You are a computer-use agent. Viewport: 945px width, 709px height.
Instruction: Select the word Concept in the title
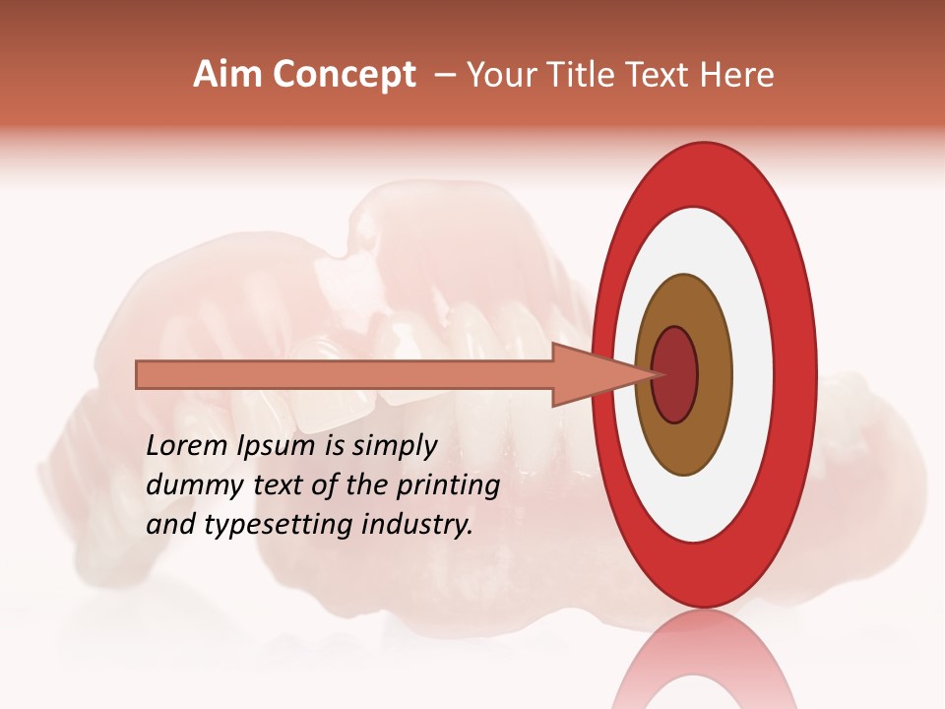coord(344,75)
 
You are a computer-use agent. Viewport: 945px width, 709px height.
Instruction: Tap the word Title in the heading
coord(580,75)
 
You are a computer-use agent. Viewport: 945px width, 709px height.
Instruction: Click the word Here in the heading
coord(737,75)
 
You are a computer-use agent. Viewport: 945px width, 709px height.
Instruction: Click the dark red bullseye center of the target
coord(674,374)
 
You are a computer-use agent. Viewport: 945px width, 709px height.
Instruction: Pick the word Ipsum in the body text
coord(280,447)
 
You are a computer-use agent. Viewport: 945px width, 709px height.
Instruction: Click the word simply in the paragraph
coord(394,447)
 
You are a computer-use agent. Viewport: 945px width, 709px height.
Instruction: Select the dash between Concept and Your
coord(444,75)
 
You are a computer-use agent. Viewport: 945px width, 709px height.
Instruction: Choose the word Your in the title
coord(502,75)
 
